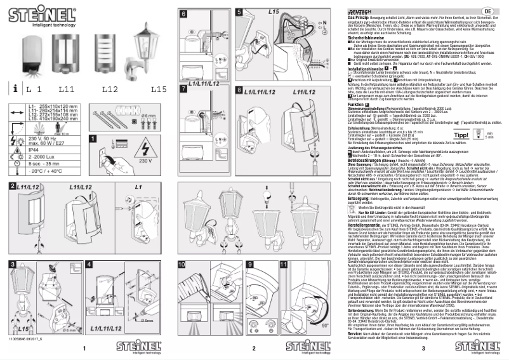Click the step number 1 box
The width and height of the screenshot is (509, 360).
(x=93, y=138)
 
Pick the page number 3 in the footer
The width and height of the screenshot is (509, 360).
(x=422, y=349)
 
